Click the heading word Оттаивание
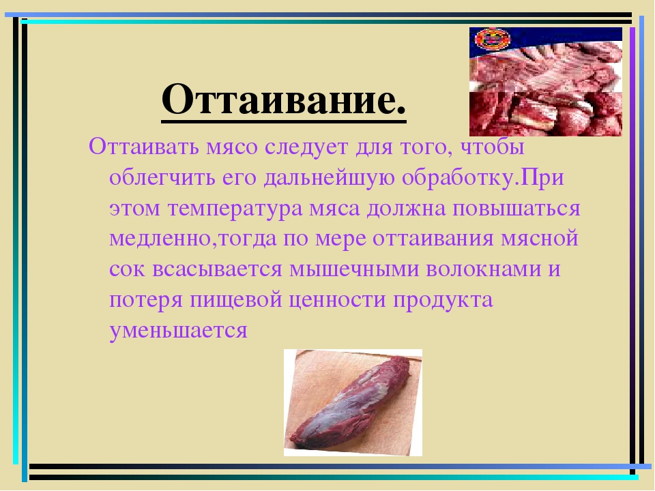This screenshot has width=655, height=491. [x=284, y=100]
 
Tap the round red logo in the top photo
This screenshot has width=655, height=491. [x=493, y=40]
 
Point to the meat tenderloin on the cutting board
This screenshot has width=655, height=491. [x=350, y=402]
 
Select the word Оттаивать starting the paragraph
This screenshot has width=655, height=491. [x=143, y=147]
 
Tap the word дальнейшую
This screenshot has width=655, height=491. [x=329, y=178]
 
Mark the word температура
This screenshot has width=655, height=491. [x=235, y=209]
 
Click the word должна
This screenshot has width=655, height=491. [x=407, y=207]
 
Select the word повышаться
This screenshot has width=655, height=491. [x=516, y=207]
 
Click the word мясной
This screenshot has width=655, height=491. [x=539, y=239]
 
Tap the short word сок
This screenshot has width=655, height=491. [x=127, y=269]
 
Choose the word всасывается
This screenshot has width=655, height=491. [x=217, y=269]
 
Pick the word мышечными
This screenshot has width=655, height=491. [x=354, y=269]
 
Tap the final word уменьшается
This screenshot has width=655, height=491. [x=178, y=331]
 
